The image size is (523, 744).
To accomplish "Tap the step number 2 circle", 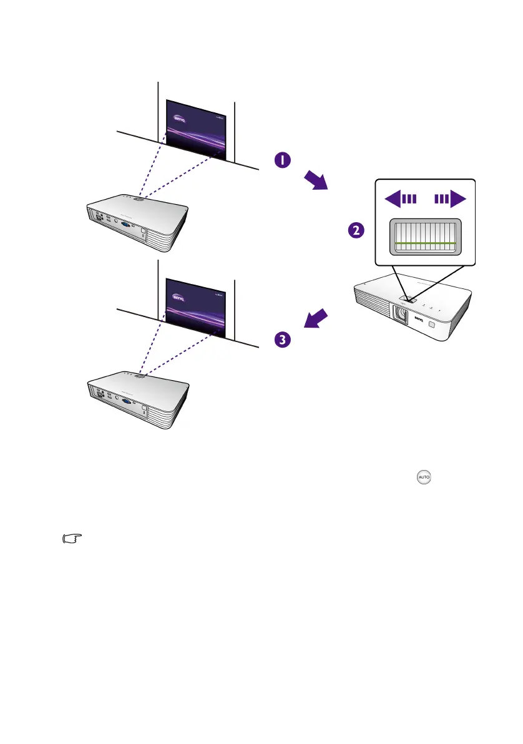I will (x=356, y=230).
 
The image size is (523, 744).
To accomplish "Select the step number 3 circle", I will (x=283, y=340).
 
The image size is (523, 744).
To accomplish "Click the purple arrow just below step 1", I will (x=315, y=182).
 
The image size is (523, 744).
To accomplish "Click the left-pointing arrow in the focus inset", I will (x=401, y=200).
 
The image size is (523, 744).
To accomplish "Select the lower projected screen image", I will (x=195, y=306).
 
